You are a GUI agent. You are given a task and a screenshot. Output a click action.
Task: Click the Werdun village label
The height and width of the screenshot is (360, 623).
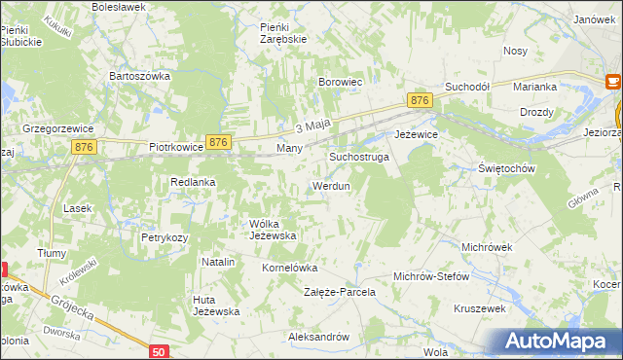[x=330, y=185]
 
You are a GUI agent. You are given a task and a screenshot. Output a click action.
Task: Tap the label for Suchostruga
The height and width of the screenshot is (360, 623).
[x=359, y=156]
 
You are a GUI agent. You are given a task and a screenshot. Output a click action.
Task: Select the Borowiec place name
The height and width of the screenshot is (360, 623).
[x=341, y=83]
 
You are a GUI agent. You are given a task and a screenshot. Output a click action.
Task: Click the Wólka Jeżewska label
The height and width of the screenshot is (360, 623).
[x=273, y=229]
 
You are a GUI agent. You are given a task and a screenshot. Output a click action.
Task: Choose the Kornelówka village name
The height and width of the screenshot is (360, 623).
[x=290, y=267]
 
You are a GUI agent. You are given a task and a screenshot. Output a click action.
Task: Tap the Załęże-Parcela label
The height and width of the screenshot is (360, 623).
[x=340, y=292]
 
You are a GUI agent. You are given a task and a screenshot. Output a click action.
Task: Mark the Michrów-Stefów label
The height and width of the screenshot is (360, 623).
[x=431, y=276]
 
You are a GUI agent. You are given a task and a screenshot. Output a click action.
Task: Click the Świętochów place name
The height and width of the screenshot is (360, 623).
[x=507, y=168]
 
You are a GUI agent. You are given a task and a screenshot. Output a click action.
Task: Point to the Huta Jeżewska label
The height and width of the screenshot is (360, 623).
[x=216, y=305]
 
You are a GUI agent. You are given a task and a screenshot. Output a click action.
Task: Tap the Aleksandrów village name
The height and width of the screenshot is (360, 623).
[x=318, y=337]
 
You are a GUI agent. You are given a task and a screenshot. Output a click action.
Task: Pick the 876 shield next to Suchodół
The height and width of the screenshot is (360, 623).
[x=420, y=101]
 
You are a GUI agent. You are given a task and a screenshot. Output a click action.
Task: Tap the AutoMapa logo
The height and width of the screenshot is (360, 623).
[x=558, y=341]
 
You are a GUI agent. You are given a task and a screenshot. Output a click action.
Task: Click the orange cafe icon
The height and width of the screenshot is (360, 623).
[x=616, y=82]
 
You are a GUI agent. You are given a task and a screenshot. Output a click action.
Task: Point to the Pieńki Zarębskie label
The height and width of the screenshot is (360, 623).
[x=283, y=33]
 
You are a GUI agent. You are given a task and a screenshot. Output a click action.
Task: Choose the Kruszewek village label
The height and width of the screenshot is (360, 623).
[x=481, y=308]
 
